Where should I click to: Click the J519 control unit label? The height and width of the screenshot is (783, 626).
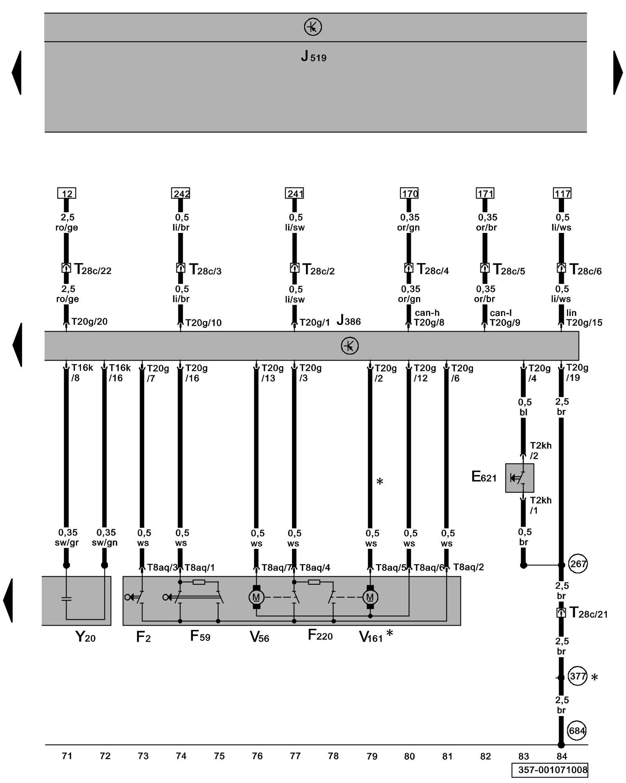pos(313,57)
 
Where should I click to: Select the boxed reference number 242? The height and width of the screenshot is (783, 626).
pos(180,193)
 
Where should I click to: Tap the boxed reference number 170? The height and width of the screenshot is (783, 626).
pos(409,193)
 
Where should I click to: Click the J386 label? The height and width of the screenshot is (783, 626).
pos(349,321)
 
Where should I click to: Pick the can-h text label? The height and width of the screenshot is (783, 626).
pos(427,313)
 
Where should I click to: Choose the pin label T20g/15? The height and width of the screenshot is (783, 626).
pos(584,323)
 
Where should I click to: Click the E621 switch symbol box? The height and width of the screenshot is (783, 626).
pos(519,478)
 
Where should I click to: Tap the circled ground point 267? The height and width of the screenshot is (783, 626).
pos(578,564)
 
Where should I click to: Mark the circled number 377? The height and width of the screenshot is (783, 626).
pos(577,676)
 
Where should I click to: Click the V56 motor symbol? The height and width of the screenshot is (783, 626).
pos(256,597)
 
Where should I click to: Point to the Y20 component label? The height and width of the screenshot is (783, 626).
pos(85,637)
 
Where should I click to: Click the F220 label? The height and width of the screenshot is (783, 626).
pos(320,635)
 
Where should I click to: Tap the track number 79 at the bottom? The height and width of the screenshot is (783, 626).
pos(372,756)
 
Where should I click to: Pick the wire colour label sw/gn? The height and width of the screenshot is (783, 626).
pos(104,543)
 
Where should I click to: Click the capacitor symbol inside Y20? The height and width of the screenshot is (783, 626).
pos(67,599)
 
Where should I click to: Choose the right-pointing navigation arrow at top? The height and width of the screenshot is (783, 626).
pos(618,73)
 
